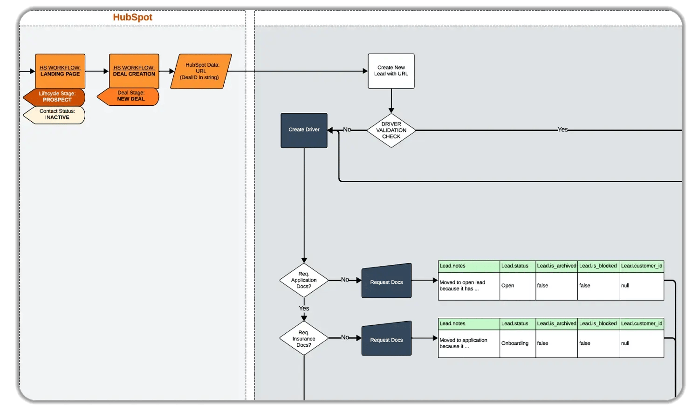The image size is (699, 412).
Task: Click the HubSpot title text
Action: (132, 17)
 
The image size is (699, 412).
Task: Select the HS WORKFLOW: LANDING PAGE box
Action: (60, 71)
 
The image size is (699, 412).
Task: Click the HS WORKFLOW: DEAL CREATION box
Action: (134, 71)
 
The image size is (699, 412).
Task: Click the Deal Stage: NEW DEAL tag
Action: (130, 96)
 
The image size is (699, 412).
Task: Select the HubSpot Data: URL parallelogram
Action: (201, 71)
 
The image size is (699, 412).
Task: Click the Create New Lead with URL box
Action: (391, 71)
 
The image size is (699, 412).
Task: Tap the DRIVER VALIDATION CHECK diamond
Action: (391, 130)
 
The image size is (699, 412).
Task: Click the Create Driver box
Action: (304, 130)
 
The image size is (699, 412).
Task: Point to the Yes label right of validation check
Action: (562, 130)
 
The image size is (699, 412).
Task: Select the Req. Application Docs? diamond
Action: (304, 280)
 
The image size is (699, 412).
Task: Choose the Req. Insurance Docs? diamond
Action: (304, 338)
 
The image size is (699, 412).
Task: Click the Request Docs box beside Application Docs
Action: (386, 282)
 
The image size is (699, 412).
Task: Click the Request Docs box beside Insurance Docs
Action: (386, 339)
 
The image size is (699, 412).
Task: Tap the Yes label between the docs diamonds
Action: (304, 309)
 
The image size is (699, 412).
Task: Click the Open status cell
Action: (517, 286)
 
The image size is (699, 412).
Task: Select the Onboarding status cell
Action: (517, 343)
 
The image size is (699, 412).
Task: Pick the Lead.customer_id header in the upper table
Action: (641, 266)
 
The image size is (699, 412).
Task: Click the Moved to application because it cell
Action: (468, 343)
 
